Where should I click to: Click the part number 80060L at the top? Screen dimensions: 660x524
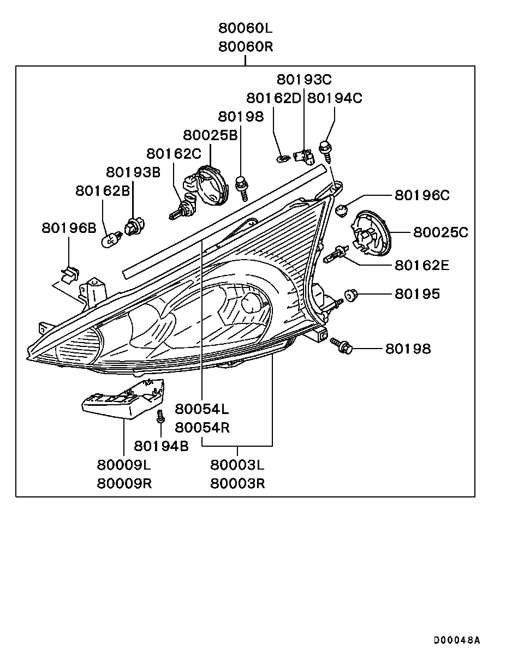click(246, 28)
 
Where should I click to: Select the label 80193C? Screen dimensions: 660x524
click(304, 80)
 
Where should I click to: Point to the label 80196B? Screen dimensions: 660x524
click(69, 228)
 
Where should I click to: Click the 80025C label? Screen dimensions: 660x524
click(440, 232)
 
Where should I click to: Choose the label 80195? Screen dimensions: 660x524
click(417, 294)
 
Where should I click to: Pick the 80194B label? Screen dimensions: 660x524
click(161, 446)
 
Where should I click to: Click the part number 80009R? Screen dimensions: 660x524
click(124, 483)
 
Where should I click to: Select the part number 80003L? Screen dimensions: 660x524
click(237, 465)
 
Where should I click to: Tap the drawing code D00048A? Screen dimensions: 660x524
click(457, 640)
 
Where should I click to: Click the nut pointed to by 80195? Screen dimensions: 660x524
click(350, 295)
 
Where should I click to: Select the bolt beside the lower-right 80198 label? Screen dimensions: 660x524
click(342, 345)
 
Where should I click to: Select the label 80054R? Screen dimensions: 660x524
click(202, 428)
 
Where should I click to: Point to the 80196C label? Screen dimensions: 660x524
click(422, 195)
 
